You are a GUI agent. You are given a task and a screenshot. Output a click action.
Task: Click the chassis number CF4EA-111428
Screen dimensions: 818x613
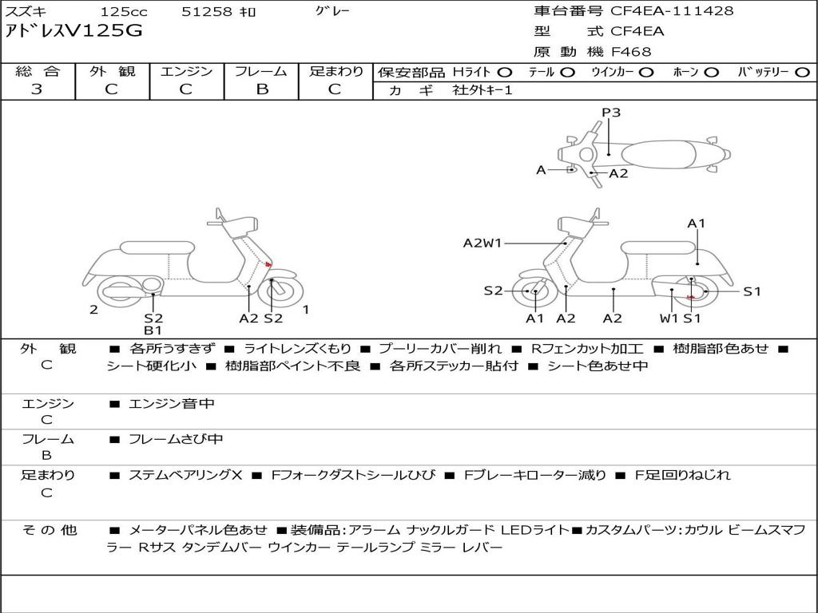[672, 10]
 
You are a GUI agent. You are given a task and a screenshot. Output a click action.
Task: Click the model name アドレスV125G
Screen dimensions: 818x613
[73, 31]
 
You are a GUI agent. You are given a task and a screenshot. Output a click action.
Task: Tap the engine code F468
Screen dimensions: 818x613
[631, 52]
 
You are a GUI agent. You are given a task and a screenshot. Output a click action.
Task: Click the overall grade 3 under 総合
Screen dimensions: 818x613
[37, 89]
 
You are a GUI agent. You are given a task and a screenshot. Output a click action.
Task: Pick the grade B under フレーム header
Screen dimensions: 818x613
[262, 89]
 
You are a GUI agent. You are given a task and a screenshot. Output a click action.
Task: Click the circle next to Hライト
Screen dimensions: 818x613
[505, 73]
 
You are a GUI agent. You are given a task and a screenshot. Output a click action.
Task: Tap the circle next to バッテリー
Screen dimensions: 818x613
[803, 73]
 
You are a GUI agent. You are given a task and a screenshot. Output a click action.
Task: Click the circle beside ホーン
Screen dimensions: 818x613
[712, 73]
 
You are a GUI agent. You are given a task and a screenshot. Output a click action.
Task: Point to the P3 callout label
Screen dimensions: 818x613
[611, 113]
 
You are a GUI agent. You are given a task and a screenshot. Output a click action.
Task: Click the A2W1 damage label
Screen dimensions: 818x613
[482, 243]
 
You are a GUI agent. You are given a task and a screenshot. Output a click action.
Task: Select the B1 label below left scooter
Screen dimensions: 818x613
[153, 330]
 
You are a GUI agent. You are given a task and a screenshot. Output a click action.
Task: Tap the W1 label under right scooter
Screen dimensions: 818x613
[669, 318]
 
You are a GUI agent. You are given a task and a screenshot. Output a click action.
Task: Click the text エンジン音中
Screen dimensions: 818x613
[172, 404]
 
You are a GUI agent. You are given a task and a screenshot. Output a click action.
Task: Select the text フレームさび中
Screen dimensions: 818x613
[176, 440]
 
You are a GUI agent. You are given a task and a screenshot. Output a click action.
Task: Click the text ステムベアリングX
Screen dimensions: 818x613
[185, 475]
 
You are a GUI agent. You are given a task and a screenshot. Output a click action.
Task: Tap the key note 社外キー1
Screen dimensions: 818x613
[482, 90]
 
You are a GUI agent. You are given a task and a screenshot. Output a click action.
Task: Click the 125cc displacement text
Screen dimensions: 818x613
[124, 11]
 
